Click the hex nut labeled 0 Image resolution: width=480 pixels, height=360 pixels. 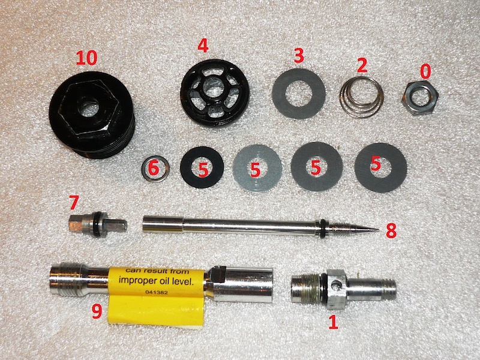point(419,97)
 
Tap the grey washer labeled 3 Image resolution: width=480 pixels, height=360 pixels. point(298,93)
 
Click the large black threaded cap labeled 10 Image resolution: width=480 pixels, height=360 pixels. point(92,115)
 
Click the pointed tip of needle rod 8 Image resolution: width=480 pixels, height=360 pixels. point(379,229)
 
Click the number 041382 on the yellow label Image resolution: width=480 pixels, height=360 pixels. point(157,292)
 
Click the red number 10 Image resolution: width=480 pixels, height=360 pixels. point(86,58)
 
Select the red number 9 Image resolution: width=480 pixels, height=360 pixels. point(97,311)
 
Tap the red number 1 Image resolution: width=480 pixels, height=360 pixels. point(333,323)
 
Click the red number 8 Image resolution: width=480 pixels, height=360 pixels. point(391,231)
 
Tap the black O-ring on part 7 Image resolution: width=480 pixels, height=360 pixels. point(100,224)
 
